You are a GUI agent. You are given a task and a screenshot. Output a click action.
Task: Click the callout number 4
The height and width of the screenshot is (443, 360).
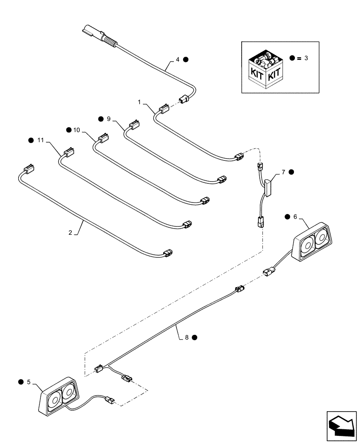tap(177, 58)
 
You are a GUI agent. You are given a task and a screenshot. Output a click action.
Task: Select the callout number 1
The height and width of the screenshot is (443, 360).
tap(140, 102)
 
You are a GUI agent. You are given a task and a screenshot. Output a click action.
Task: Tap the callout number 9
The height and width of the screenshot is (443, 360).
tap(108, 118)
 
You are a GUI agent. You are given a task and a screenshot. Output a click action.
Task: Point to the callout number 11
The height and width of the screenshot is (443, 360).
tap(41, 140)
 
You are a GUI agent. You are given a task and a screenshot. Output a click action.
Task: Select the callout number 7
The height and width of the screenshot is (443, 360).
tap(283, 171)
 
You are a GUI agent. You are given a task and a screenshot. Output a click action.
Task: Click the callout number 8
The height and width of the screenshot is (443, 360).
tap(187, 337)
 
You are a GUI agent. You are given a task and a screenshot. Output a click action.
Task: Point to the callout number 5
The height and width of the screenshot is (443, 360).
tap(30, 381)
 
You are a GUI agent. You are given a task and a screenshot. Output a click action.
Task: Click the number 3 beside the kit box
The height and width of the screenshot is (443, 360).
tap(305, 58)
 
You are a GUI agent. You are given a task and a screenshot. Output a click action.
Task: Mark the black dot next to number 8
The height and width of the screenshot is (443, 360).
tap(195, 337)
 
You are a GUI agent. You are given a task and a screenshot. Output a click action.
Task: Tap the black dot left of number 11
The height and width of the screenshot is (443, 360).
tap(31, 140)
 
